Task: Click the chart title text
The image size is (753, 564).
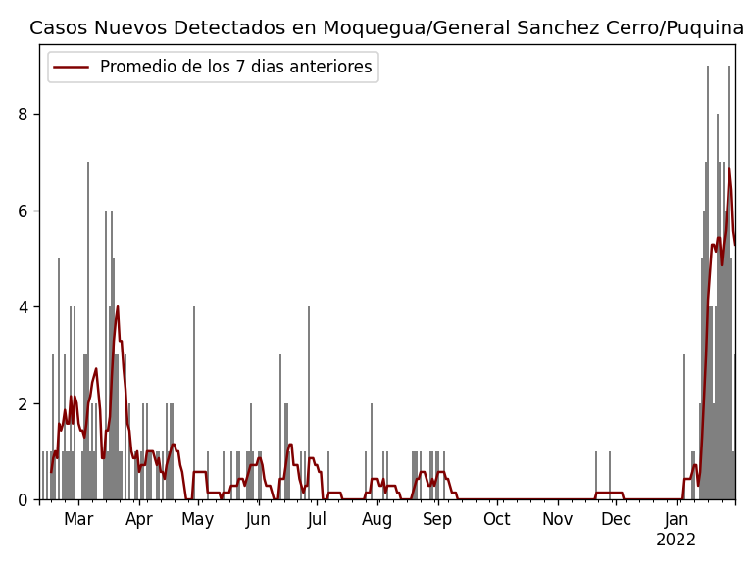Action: [386, 28]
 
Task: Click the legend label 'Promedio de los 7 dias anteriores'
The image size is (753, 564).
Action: [235, 68]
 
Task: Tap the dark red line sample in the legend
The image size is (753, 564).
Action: [72, 68]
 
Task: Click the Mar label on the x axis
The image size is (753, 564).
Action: [78, 520]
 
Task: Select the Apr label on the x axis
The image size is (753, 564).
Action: [139, 520]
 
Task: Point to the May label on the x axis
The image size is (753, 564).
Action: [198, 520]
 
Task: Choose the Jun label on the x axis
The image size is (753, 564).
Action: [258, 520]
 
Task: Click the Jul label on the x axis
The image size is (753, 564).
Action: [317, 520]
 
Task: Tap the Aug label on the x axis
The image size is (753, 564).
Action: [377, 520]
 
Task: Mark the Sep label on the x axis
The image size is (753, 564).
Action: [437, 520]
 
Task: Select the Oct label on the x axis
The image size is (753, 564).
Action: [497, 520]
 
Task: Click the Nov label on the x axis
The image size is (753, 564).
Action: [557, 520]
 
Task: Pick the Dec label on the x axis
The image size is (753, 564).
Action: [616, 520]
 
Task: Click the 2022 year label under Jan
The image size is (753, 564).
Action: [676, 540]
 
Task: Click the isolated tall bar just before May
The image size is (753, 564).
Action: [194, 403]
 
